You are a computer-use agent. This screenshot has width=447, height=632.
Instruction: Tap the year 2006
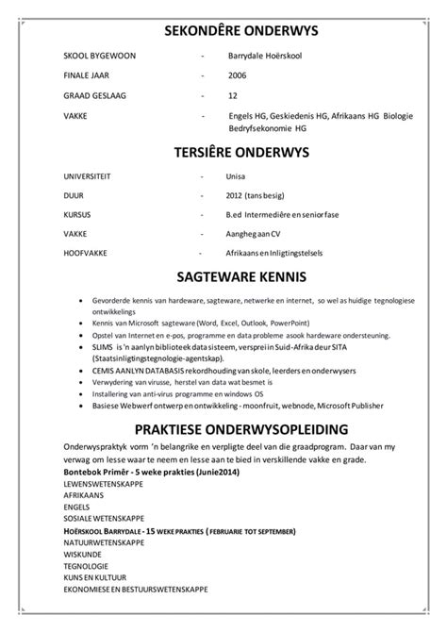click(238, 75)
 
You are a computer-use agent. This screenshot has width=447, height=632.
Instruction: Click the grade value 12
click(232, 95)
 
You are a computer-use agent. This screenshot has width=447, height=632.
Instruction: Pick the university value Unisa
click(237, 176)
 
